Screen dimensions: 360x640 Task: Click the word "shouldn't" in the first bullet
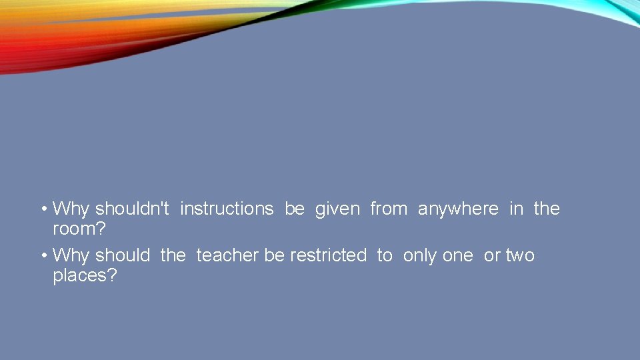(x=132, y=209)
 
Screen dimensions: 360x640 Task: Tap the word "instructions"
(x=227, y=209)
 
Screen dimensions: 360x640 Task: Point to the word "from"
(x=389, y=209)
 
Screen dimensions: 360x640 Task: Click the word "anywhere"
(x=458, y=209)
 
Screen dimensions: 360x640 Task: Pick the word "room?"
(x=79, y=229)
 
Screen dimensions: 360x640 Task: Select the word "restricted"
(x=328, y=255)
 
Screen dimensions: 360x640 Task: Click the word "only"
(x=419, y=256)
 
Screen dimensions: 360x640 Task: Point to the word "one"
(x=457, y=255)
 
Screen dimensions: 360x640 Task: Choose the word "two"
(x=520, y=255)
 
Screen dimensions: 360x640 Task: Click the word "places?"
(x=85, y=276)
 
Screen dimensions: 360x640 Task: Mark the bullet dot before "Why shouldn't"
(x=43, y=209)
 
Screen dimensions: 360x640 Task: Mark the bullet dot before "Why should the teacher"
(x=43, y=256)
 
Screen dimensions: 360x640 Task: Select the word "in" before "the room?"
(x=516, y=209)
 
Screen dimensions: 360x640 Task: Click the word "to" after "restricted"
(x=385, y=255)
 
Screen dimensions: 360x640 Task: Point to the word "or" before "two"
(x=492, y=255)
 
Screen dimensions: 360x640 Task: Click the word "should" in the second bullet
(x=123, y=255)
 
